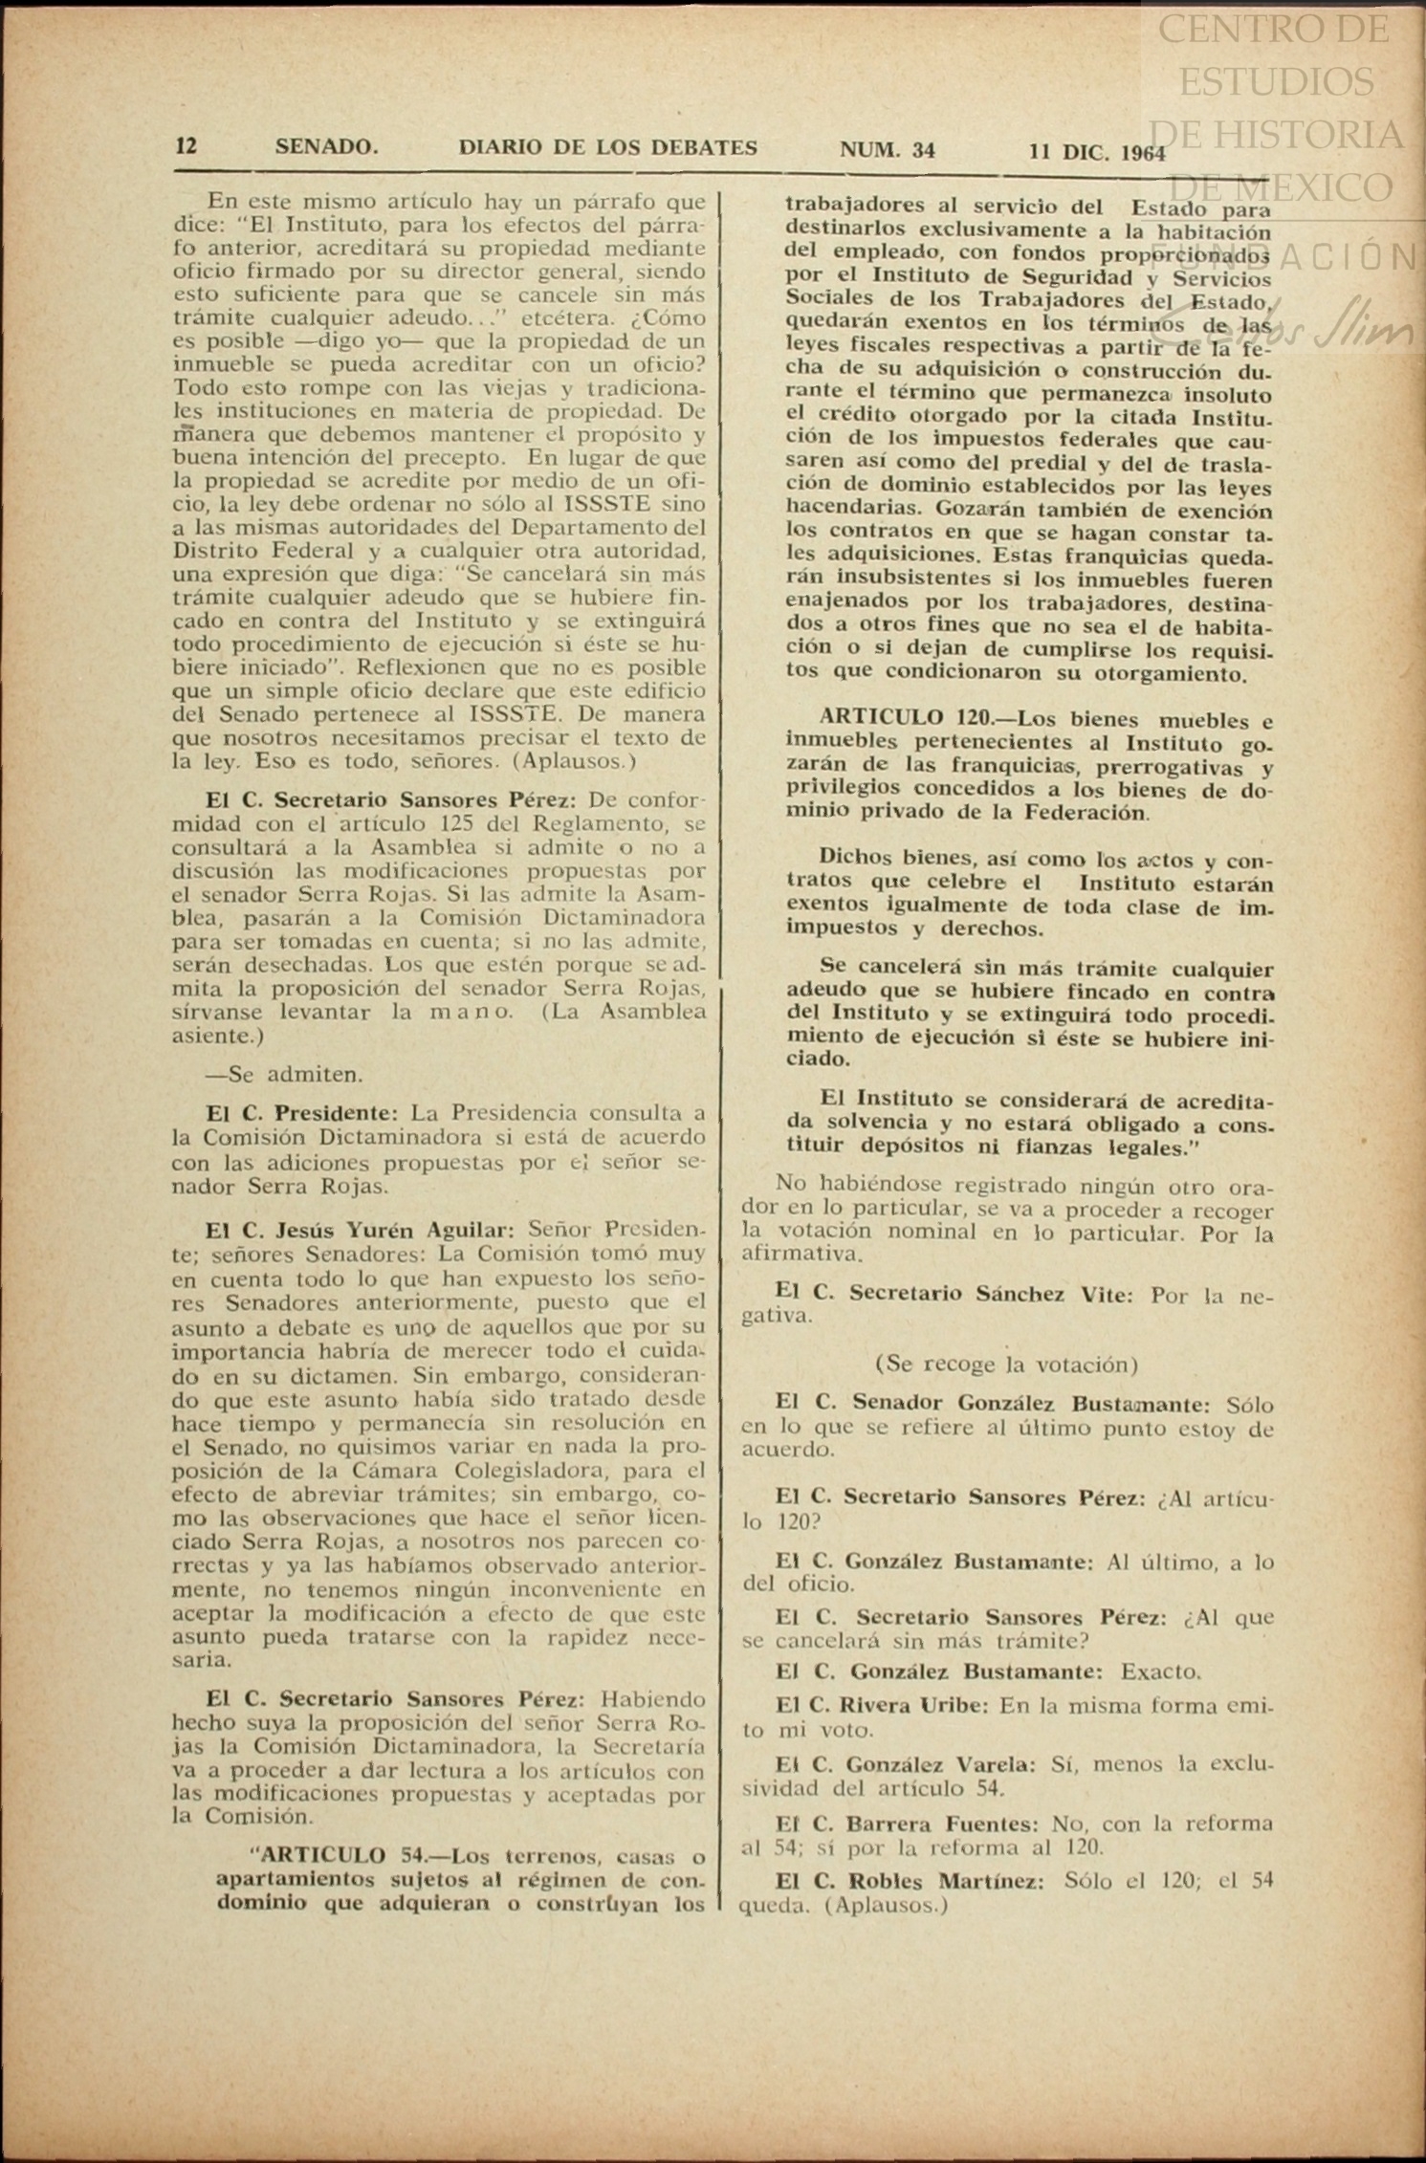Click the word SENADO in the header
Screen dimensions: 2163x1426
pyautogui.click(x=326, y=147)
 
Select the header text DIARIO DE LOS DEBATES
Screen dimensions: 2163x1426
pyautogui.click(x=608, y=147)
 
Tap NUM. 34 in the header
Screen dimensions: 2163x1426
pyautogui.click(x=888, y=149)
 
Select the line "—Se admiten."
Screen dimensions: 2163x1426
pyautogui.click(x=284, y=1074)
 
